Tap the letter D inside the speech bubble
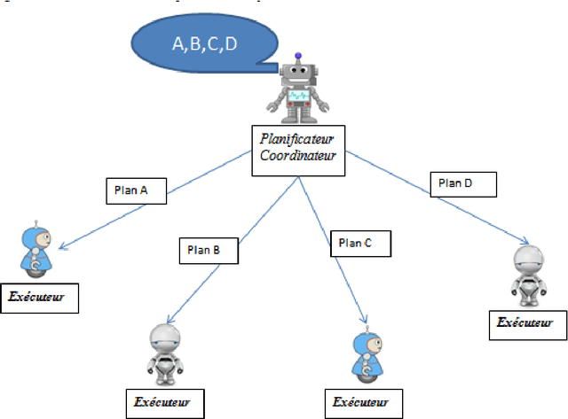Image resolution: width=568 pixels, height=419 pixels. [230, 43]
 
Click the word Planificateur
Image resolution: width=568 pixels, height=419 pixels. [297, 139]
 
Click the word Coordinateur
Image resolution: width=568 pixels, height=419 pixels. [297, 155]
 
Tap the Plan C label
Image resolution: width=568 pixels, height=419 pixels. [359, 243]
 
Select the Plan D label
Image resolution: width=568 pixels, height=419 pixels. [462, 184]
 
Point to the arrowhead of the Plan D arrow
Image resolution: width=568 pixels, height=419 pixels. [529, 242]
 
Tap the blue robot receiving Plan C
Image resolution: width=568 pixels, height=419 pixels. [363, 356]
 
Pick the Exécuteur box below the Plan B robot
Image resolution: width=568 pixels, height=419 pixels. [164, 403]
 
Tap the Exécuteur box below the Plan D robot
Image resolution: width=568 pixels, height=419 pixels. [527, 324]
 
